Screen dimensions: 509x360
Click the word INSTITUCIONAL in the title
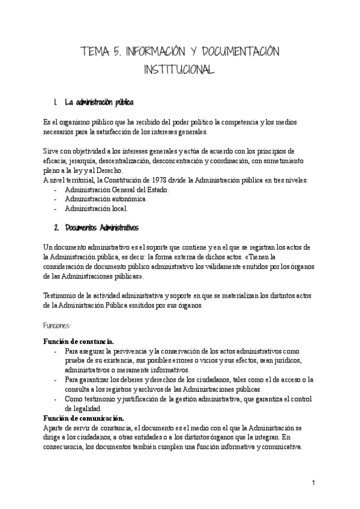pos(179,71)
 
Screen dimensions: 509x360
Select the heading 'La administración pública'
pos(99,102)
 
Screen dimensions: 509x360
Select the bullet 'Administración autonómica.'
pos(106,199)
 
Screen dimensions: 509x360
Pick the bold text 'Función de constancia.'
pos(78,341)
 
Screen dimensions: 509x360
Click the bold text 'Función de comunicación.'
pos(83,418)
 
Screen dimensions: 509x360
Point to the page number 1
pos(314,483)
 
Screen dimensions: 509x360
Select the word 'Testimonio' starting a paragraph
pos(61,295)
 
